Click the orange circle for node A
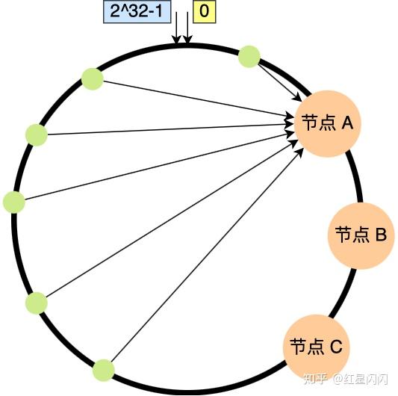pos(327,123)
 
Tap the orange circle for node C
pos(316,346)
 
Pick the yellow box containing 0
pos(202,13)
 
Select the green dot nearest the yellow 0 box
pos(249,56)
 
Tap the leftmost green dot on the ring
pos(14,202)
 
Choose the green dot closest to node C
pos(103,369)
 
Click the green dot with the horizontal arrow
pos(36,134)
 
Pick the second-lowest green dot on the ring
pos(36,303)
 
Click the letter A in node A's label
pos(346,123)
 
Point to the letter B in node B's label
pos(379,235)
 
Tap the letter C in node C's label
pos(335,347)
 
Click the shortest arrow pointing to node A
pos(280,81)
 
